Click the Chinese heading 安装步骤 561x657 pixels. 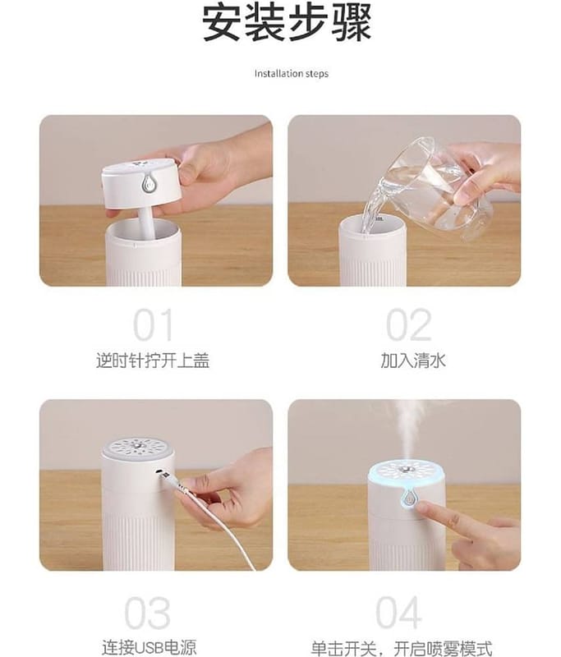tap(287, 24)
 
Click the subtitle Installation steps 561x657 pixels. tap(292, 74)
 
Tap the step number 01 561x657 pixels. tap(153, 325)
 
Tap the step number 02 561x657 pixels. tap(408, 325)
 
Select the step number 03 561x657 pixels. tap(148, 613)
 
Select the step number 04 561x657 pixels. tap(398, 613)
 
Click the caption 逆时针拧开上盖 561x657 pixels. tap(153, 361)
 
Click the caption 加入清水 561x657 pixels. tap(413, 361)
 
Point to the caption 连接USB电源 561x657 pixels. tap(149, 647)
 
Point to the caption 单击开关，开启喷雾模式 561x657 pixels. tap(402, 648)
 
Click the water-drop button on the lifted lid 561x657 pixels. tap(148, 183)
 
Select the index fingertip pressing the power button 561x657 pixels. tap(422, 508)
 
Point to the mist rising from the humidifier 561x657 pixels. tap(408, 432)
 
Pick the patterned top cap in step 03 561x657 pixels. tap(138, 448)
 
